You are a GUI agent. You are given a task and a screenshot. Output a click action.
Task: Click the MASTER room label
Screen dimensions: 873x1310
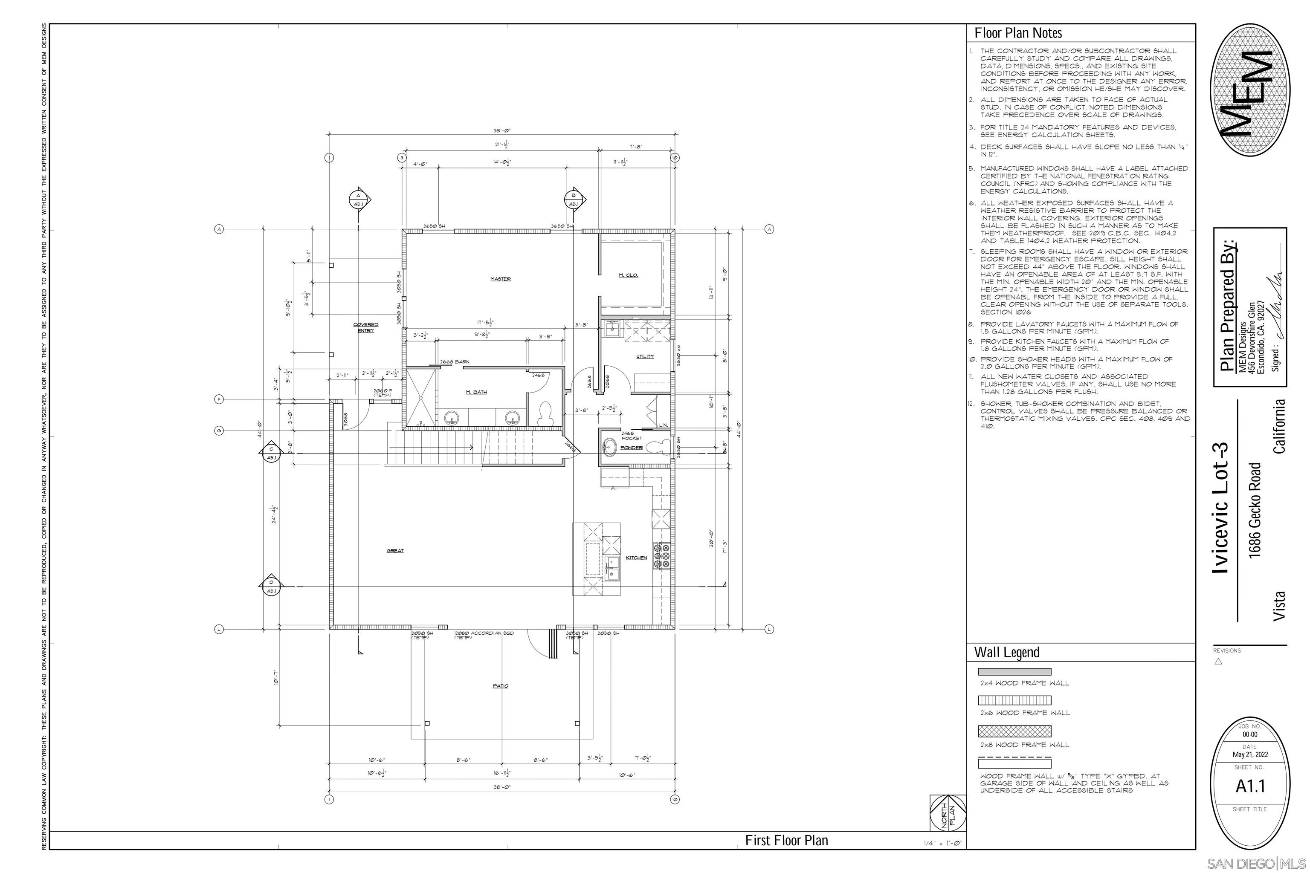500,279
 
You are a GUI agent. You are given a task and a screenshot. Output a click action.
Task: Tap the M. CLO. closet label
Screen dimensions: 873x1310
628,275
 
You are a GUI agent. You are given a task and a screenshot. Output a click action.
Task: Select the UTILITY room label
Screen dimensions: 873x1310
645,356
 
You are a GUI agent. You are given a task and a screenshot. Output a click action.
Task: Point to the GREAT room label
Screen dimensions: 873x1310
395,551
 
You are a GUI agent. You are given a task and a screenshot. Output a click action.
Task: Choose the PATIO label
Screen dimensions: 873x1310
500,686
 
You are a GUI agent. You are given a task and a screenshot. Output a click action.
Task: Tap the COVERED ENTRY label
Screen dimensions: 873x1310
365,327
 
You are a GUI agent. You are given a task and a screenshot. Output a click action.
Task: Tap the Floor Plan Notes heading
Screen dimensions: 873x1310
1018,33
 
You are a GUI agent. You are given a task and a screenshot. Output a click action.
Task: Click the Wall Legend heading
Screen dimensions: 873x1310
1006,652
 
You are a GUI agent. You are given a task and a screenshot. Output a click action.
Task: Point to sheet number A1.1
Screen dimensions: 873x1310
1250,786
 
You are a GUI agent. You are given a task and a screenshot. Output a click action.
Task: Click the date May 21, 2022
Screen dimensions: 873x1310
1250,755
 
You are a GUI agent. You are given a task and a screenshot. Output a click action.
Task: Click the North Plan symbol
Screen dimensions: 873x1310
948,813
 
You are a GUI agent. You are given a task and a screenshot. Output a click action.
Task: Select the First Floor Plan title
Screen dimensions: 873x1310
786,840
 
